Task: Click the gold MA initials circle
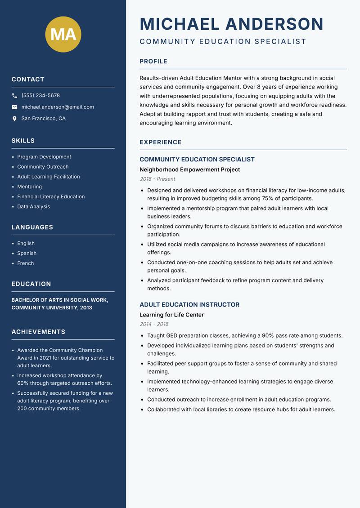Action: pyautogui.click(x=63, y=34)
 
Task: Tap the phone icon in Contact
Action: pyautogui.click(x=14, y=96)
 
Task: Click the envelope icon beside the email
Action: pyautogui.click(x=14, y=107)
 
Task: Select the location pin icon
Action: pyautogui.click(x=14, y=119)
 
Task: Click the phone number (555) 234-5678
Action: pyautogui.click(x=40, y=96)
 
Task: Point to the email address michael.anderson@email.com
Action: pyautogui.click(x=58, y=107)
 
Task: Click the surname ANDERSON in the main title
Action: pyautogui.click(x=274, y=24)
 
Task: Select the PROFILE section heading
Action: pyautogui.click(x=153, y=62)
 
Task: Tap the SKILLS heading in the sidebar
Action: pyautogui.click(x=23, y=141)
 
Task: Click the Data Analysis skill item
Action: pyautogui.click(x=34, y=207)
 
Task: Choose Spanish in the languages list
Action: pyautogui.click(x=27, y=254)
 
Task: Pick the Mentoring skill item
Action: pyautogui.click(x=30, y=187)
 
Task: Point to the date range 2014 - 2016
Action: pyautogui.click(x=154, y=324)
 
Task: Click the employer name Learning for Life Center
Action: pyautogui.click(x=171, y=315)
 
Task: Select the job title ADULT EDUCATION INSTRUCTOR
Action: pyautogui.click(x=189, y=305)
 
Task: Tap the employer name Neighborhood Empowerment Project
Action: pyautogui.click(x=189, y=169)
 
